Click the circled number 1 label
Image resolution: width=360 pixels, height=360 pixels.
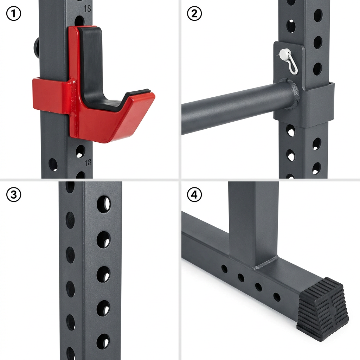point(14,14)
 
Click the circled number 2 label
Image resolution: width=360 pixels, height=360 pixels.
point(194,14)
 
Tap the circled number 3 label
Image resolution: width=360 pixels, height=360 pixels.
point(14,194)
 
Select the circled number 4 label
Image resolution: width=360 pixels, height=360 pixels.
point(194,194)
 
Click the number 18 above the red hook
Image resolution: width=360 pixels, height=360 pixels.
point(88,9)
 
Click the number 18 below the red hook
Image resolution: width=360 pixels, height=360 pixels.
point(88,162)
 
